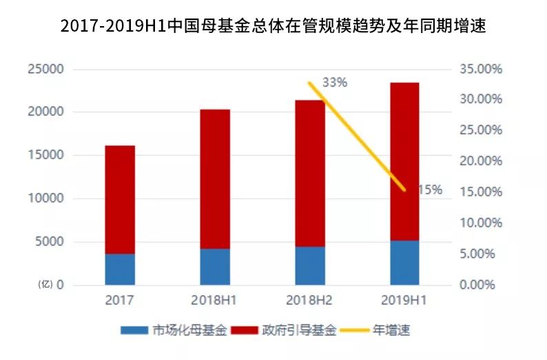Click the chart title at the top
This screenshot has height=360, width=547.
[x=273, y=26]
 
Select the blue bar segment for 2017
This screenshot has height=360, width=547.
[x=120, y=269]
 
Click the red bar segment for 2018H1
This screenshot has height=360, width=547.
[x=215, y=179]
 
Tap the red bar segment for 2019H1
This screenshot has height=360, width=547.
[x=404, y=162]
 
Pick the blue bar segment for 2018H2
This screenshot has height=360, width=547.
[x=310, y=266]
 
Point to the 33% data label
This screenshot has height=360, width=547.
[x=335, y=82]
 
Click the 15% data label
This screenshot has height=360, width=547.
[x=430, y=189]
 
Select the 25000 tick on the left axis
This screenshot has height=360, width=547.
[x=45, y=69]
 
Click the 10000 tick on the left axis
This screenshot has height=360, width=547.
[x=45, y=198]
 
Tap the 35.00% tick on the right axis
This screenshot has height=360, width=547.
[x=480, y=69]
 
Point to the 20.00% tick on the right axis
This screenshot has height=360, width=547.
[x=480, y=161]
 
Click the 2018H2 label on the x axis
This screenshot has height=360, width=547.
[x=310, y=300]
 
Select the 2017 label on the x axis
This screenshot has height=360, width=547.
[x=120, y=300]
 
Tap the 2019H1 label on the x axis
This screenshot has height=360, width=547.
[x=404, y=300]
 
